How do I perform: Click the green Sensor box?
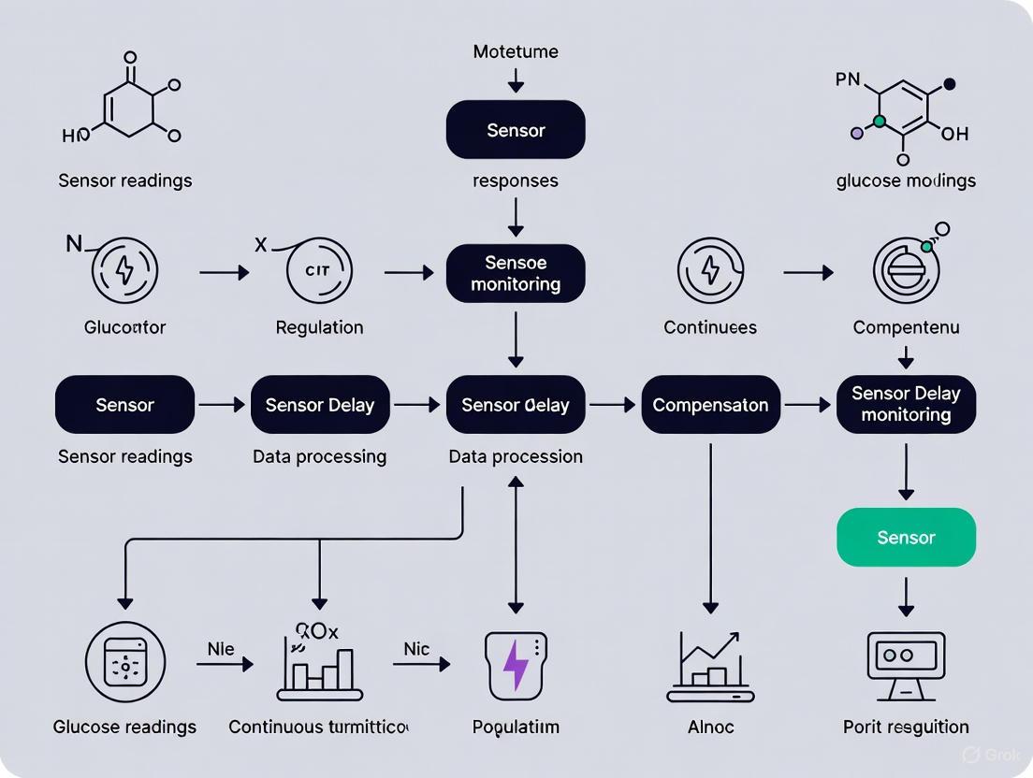(906, 537)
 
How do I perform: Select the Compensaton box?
(710, 405)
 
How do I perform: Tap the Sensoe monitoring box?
(516, 273)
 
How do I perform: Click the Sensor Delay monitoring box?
(906, 404)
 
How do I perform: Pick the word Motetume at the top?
(516, 51)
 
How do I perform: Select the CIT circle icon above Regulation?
(319, 271)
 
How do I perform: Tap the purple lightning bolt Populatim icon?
(516, 665)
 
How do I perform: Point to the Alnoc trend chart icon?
(710, 667)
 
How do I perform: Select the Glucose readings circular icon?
(124, 665)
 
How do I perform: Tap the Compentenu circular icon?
(906, 270)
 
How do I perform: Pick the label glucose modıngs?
(906, 180)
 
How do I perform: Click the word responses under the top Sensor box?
(516, 180)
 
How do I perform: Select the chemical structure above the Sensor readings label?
(131, 103)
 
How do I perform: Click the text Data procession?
(516, 456)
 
